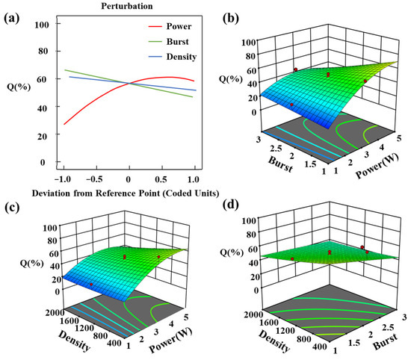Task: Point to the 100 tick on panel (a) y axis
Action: (43, 25)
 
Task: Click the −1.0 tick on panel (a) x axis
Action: (63, 179)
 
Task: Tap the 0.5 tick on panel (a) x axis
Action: (163, 179)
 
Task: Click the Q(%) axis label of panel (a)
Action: (14, 93)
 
